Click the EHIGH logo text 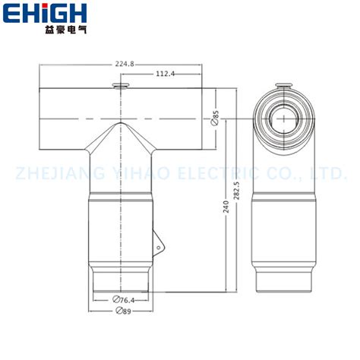pos(55,13)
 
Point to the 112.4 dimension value pos(166,74)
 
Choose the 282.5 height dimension pos(238,188)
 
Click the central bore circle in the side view pos(284,119)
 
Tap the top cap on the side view pos(284,84)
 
